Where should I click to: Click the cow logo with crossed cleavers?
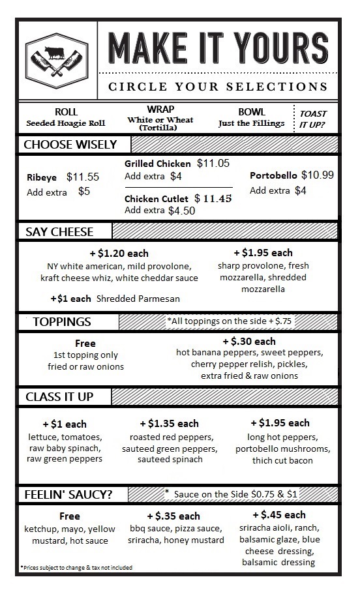coord(57,58)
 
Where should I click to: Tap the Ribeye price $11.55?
coord(83,177)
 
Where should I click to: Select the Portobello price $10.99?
coord(318,175)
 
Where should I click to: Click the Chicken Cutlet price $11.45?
coord(213,198)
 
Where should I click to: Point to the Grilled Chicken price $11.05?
coord(213,163)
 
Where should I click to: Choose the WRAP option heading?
coord(160,109)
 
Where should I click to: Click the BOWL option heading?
coord(252,111)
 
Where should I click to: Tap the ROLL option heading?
coord(66,111)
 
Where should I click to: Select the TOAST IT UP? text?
coord(313,118)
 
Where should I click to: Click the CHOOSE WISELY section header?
coord(70,144)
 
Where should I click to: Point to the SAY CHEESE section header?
coord(59,231)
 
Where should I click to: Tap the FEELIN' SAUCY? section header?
coord(68,494)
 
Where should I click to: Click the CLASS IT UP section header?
coord(59,396)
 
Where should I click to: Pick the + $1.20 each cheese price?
coord(119,253)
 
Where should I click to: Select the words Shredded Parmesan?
coord(138,298)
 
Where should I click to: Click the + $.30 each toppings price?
coord(249,341)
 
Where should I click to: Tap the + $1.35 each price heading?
coord(169,423)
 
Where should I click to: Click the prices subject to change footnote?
coord(76,568)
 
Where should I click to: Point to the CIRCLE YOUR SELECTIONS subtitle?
coord(218,87)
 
